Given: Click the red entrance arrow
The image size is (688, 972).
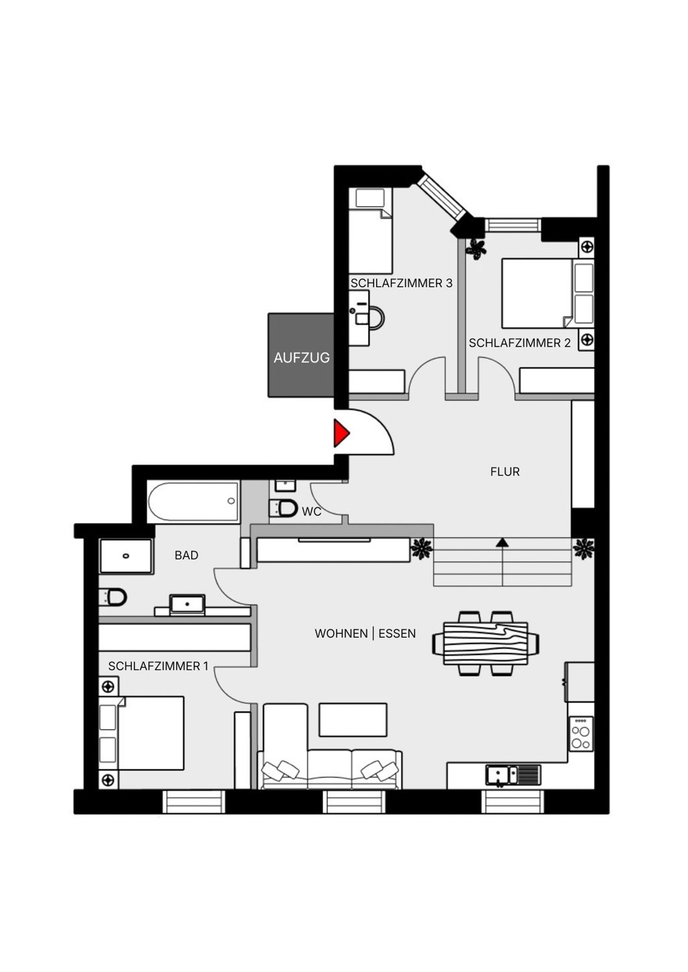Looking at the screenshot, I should [340, 434].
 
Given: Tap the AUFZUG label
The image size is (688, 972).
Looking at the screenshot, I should [302, 357].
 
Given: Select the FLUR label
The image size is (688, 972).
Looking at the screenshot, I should [504, 472].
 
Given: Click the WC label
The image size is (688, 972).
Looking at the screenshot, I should [311, 512].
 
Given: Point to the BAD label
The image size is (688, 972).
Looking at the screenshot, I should [186, 555].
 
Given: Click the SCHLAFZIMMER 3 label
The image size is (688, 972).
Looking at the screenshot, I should [401, 283].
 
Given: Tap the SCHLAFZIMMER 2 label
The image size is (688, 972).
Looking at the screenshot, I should [519, 343].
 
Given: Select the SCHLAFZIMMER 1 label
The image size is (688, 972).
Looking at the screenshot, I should [158, 666].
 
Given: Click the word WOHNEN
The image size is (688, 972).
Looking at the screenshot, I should [341, 634].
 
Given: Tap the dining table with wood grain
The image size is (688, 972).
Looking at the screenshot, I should [486, 643].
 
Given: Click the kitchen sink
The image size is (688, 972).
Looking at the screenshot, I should [498, 774].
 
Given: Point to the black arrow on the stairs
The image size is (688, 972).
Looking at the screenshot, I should [502, 542].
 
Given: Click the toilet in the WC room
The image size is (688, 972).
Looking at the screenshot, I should [283, 508].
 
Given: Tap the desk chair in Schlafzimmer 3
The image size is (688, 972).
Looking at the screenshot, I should [374, 318].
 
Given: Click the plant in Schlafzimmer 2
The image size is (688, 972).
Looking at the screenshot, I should [477, 248].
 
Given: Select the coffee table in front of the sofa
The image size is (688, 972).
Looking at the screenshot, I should [353, 720].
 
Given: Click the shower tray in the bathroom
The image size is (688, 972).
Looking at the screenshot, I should [126, 556].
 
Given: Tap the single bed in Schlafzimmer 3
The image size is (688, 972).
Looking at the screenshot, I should [370, 231].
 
